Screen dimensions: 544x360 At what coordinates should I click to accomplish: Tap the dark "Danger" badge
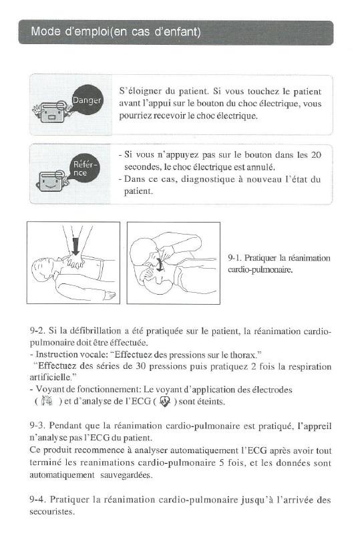click(x=86, y=100)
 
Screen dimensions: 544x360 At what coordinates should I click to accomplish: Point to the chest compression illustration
click(x=73, y=263)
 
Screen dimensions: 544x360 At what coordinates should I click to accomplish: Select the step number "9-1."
click(x=235, y=257)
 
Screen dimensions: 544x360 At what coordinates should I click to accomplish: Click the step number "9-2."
click(x=39, y=330)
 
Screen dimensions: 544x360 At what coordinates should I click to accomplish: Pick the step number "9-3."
click(x=39, y=425)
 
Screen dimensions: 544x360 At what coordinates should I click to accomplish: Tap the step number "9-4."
click(x=39, y=499)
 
